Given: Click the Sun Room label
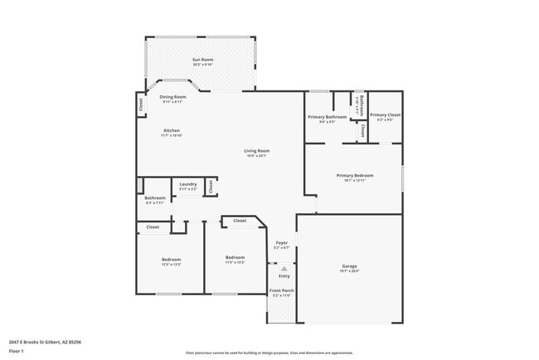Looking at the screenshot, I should [203, 60].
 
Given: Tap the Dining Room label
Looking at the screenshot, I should [172, 97].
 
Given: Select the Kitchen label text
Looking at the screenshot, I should [172, 130].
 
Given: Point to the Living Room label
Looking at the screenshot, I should [256, 151].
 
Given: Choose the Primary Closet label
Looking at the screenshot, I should [385, 115].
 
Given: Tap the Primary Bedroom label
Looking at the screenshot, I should [355, 175].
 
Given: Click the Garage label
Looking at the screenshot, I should [349, 266].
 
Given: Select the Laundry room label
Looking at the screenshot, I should [187, 184].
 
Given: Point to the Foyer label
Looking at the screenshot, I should [282, 243].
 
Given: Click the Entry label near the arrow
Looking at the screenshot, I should [284, 276].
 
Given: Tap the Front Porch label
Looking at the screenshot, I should [283, 290].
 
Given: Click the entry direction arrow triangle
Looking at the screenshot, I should [284, 268].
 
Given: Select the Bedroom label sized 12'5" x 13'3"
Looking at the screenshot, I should [171, 260].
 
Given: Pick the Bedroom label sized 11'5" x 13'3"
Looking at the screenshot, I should [235, 257].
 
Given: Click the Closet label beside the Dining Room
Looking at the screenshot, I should [141, 105].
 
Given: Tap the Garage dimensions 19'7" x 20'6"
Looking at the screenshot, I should [349, 271].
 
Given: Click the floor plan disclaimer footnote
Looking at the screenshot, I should [269, 352].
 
